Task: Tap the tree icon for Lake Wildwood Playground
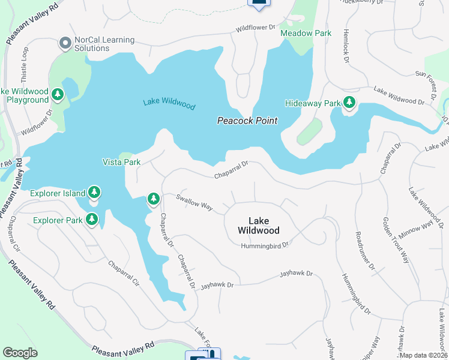(58, 95)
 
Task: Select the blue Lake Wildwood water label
(169, 104)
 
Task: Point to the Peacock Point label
(247, 121)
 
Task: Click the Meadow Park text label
(306, 34)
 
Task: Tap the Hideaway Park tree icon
(349, 103)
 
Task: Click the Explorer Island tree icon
(94, 193)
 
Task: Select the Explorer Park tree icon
(92, 220)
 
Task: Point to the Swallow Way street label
(194, 202)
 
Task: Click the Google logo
(20, 353)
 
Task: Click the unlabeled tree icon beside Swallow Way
(154, 199)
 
